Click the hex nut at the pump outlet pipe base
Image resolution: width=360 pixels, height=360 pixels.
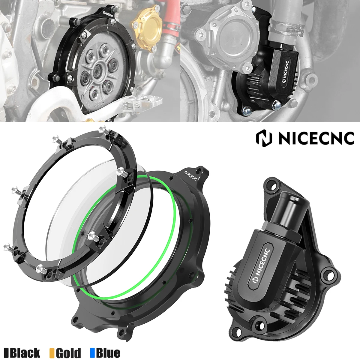[x=279, y=232]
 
